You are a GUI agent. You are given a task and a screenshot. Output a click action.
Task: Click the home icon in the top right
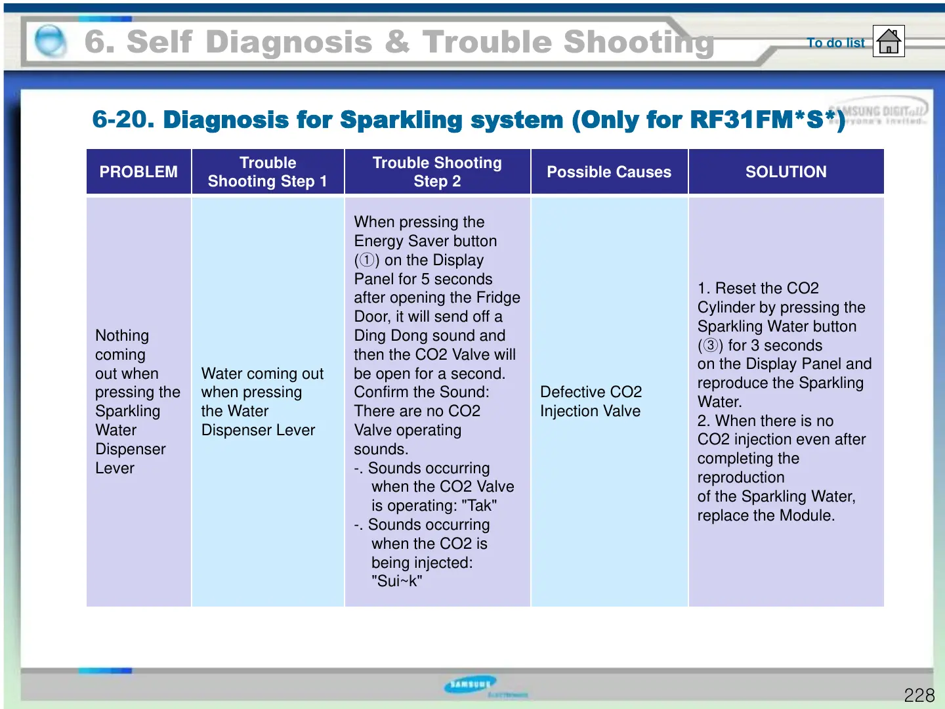tap(889, 41)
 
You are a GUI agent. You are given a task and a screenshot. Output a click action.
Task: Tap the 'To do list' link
tap(835, 43)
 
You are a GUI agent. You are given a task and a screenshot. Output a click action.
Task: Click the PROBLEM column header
tap(138, 172)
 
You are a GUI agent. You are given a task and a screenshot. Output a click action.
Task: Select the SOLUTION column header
tap(786, 172)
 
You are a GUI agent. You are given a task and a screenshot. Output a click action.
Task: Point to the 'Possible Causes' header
tap(609, 172)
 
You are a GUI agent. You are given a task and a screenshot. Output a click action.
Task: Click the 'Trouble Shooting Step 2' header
tap(437, 172)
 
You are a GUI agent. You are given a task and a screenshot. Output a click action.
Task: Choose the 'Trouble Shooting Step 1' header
tap(267, 172)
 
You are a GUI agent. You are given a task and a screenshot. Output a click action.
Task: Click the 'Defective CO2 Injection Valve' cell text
tap(591, 401)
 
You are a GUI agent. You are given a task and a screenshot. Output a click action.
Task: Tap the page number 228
tap(919, 695)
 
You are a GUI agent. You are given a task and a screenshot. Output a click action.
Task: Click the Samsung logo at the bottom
tap(471, 685)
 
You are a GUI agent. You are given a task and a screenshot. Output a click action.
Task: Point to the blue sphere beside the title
tap(51, 41)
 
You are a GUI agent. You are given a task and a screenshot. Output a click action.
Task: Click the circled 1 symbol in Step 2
tap(367, 260)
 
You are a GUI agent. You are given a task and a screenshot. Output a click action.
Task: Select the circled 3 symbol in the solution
tap(710, 345)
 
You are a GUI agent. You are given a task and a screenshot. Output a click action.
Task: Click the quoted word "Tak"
tap(479, 505)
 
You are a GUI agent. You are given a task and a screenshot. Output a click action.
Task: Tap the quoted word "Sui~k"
tap(396, 581)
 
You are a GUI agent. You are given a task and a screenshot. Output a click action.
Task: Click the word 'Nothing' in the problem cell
tap(122, 335)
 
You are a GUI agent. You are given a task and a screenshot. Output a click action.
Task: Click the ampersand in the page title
tap(397, 42)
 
